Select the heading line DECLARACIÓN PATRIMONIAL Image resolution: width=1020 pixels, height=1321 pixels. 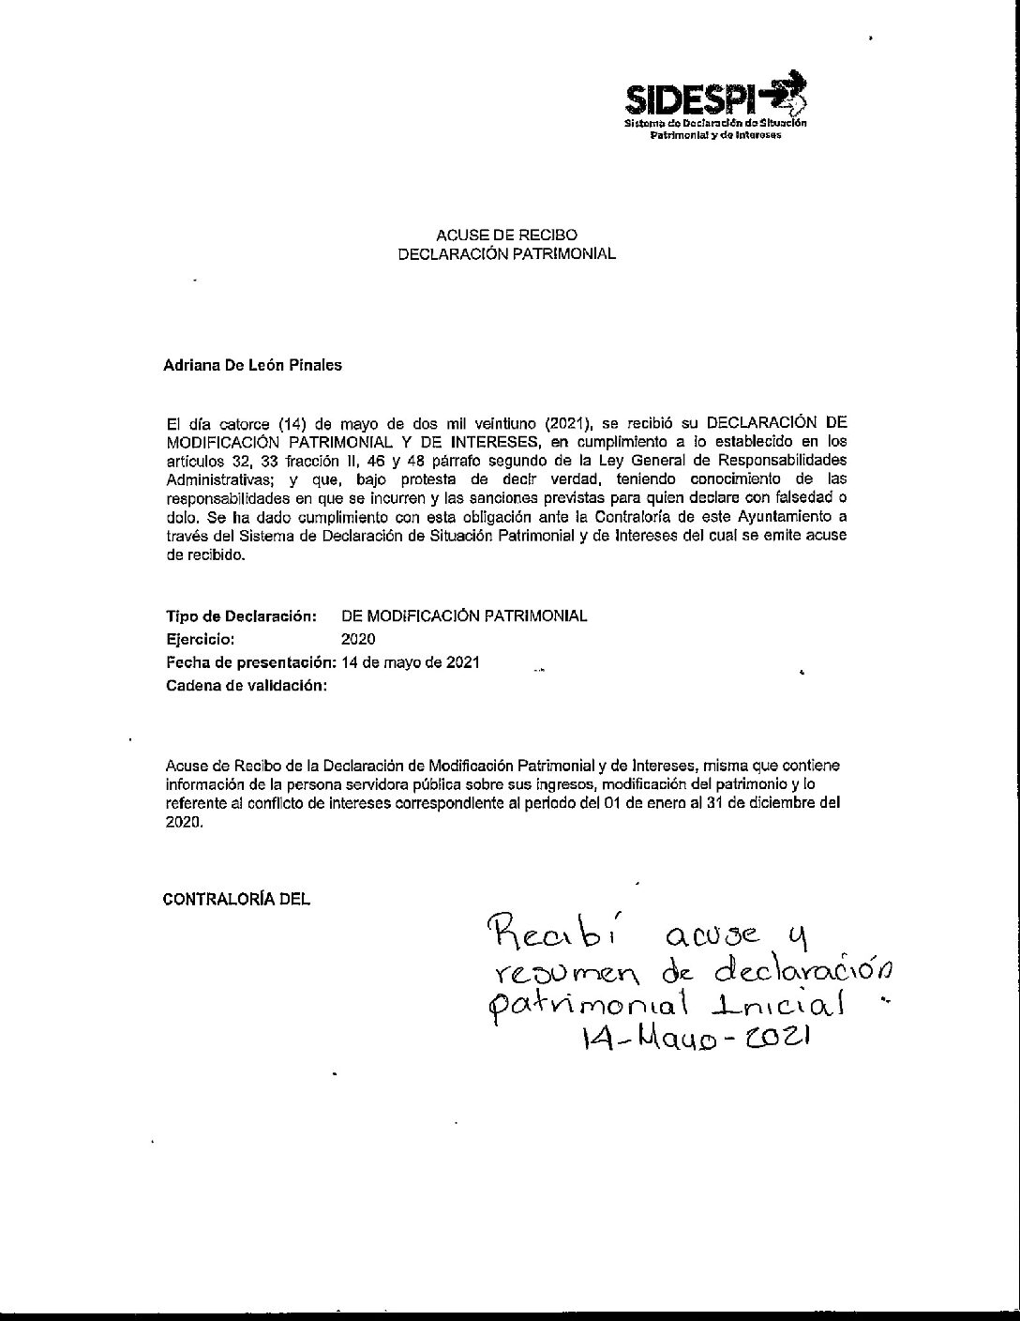tap(507, 253)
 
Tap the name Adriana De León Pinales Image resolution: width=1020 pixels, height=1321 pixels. tap(252, 366)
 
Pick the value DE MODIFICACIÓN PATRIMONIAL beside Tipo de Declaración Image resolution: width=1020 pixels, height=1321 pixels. tap(465, 616)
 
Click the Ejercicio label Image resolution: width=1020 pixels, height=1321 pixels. tap(200, 640)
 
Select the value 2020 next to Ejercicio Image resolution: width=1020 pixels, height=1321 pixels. tap(358, 640)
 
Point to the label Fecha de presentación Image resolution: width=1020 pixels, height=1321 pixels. tap(250, 662)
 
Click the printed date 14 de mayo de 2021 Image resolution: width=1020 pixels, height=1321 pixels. tap(412, 662)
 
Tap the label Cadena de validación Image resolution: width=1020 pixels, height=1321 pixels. tap(246, 686)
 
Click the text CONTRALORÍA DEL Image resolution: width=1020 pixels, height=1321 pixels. tap(236, 899)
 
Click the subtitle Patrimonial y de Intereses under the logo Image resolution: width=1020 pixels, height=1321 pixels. tap(715, 135)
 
